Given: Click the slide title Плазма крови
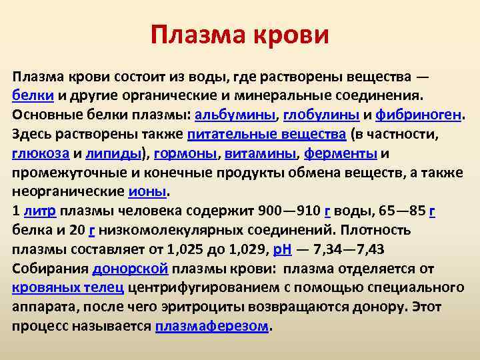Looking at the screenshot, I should [x=240, y=34].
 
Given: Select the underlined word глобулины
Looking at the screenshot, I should [x=321, y=115].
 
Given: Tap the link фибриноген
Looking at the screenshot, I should [x=418, y=115].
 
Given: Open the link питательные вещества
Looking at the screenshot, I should [x=267, y=134].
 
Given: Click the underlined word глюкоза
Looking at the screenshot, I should [x=40, y=153].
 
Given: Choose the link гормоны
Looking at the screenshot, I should [x=185, y=153].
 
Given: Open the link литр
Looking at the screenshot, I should [x=41, y=211].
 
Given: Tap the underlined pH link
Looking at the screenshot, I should [x=282, y=250].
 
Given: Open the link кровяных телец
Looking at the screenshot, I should [x=67, y=289].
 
